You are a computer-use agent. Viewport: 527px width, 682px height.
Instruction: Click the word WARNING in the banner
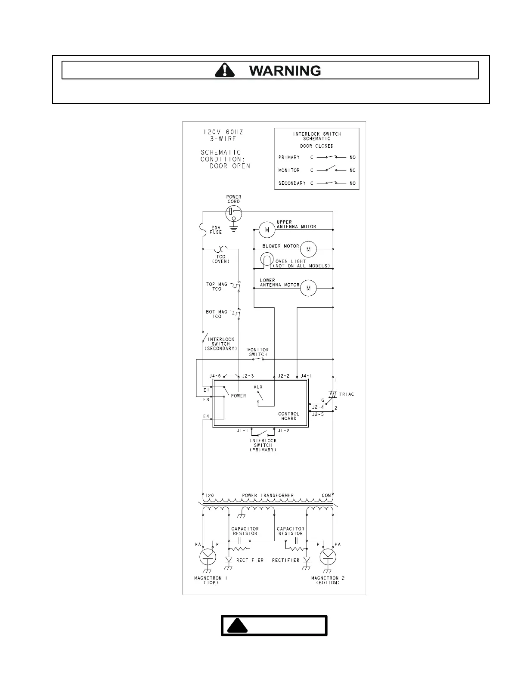coord(285,71)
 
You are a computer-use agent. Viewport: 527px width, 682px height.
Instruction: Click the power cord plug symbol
coord(233,212)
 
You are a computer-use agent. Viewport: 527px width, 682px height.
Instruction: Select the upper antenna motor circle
coord(267,229)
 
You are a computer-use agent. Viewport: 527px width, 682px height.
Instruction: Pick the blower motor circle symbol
coord(308,249)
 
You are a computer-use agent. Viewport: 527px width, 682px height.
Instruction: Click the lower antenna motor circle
coord(308,288)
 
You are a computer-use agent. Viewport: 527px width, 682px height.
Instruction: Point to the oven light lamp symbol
coord(267,260)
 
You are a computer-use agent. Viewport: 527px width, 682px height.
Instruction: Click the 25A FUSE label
coord(216,230)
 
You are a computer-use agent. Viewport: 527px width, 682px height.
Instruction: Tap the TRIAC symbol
coord(332,394)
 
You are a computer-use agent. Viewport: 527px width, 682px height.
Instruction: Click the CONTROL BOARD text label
coord(288,416)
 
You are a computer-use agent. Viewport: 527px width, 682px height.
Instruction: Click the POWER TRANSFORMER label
coord(268,496)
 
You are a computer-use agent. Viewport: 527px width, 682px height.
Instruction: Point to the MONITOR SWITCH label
coord(258,352)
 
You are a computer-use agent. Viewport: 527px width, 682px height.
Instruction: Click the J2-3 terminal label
coord(248,376)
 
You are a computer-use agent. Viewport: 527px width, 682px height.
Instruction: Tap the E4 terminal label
coord(206,416)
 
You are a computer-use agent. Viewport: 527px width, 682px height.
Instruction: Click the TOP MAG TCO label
coord(217,287)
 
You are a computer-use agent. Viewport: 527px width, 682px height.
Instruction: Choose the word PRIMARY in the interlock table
coord(289,157)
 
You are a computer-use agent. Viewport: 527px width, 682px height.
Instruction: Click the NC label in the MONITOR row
coord(353,170)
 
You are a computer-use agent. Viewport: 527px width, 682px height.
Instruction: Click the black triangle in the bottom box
coord(238,626)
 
